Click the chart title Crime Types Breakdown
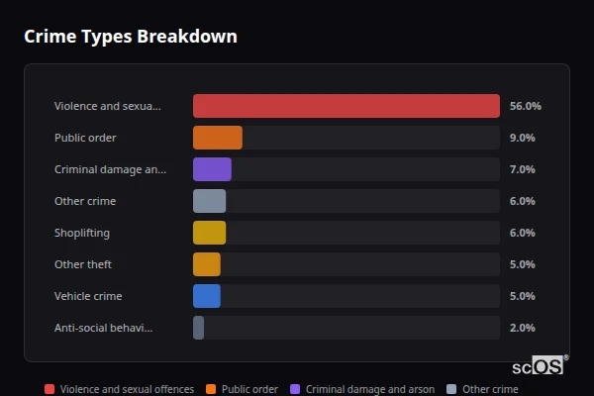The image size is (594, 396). click(x=130, y=37)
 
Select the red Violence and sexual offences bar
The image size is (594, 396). click(x=346, y=106)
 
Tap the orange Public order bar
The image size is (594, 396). click(x=217, y=138)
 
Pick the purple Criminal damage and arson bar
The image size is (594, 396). click(x=212, y=169)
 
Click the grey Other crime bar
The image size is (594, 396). click(x=209, y=201)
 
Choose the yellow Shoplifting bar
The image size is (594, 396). click(x=209, y=233)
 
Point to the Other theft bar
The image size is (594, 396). click(x=207, y=264)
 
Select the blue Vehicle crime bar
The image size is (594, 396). click(x=207, y=296)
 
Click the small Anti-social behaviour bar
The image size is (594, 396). click(x=198, y=328)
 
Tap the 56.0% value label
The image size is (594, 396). click(x=525, y=106)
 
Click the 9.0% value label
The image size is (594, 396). click(x=522, y=138)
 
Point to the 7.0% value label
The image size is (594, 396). click(x=522, y=169)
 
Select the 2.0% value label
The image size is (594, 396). click(x=522, y=328)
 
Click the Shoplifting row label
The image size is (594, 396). click(x=82, y=233)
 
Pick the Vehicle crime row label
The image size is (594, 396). click(x=88, y=296)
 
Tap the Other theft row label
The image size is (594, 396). click(x=83, y=264)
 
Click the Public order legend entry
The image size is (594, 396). click(x=243, y=389)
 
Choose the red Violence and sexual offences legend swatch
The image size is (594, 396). click(x=49, y=389)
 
